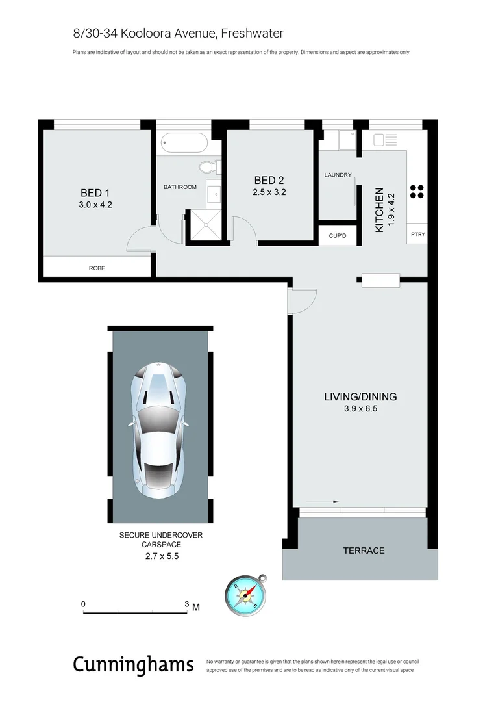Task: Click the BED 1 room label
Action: (91, 193)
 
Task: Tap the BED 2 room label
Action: (269, 181)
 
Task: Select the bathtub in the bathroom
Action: (184, 142)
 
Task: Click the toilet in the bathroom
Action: (208, 167)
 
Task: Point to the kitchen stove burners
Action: (417, 192)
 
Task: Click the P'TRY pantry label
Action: (417, 235)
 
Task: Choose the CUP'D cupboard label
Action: (338, 235)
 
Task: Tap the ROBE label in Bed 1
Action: (97, 268)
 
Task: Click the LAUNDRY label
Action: (338, 175)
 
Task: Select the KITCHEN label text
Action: (380, 210)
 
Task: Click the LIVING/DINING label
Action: (360, 396)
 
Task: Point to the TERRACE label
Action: (364, 551)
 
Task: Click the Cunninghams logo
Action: (133, 664)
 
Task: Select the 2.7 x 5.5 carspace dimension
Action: (160, 557)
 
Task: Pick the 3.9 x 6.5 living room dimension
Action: (360, 409)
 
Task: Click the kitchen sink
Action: (380, 140)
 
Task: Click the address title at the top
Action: (178, 33)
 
